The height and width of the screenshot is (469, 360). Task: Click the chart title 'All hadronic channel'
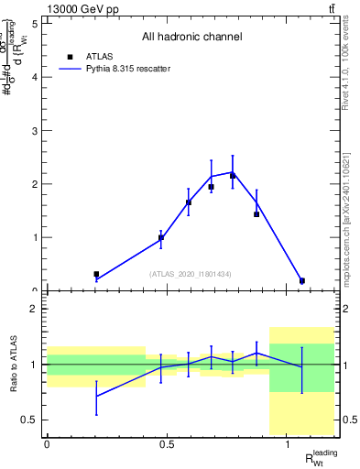tap(191, 37)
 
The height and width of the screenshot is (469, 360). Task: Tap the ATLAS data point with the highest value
tap(233, 175)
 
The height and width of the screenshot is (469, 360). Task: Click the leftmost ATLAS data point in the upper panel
tap(96, 274)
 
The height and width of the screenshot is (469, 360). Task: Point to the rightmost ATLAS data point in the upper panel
tap(302, 280)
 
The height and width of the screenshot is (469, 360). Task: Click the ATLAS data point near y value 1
tap(161, 237)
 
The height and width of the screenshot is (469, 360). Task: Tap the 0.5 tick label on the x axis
tap(167, 444)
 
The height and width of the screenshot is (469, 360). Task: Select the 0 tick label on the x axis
tap(47, 444)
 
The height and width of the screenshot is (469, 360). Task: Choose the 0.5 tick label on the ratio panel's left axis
tap(30, 420)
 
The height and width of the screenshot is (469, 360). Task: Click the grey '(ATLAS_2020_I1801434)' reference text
tap(191, 274)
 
